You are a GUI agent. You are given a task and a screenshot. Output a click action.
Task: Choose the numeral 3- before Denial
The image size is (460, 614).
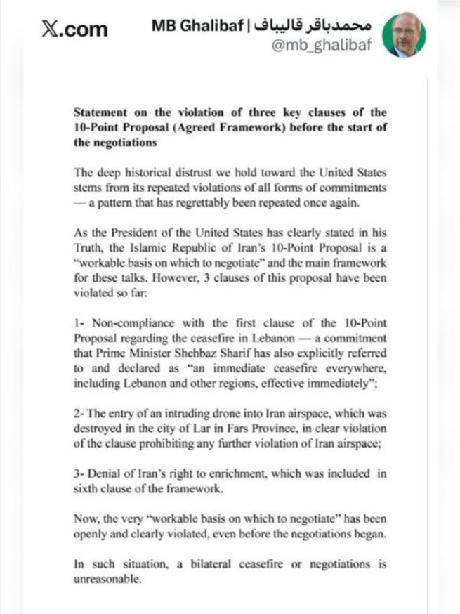pos(79,473)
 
